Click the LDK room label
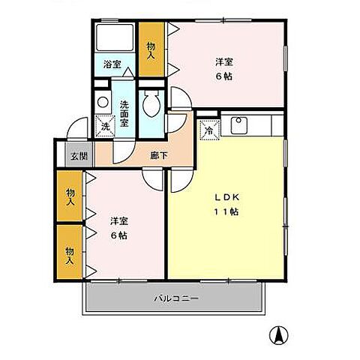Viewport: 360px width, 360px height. tap(226, 197)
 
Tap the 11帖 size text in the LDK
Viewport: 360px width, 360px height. tap(226, 211)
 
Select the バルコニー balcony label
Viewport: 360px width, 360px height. tap(176, 298)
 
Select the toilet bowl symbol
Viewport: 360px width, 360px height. tap(152, 104)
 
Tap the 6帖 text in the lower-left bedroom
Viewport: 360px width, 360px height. tap(118, 235)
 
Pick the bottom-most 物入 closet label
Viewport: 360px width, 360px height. tap(70, 255)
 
